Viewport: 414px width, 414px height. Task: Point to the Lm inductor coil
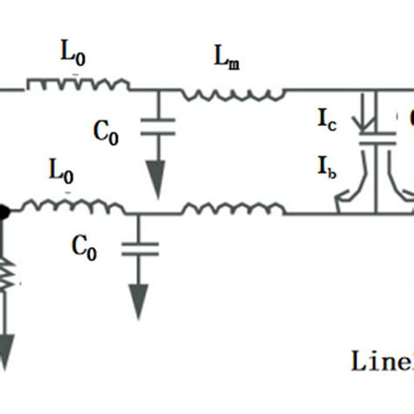click(232, 91)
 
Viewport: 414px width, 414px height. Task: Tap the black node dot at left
click(4, 211)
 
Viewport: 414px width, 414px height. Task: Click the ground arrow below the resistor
click(6, 354)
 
